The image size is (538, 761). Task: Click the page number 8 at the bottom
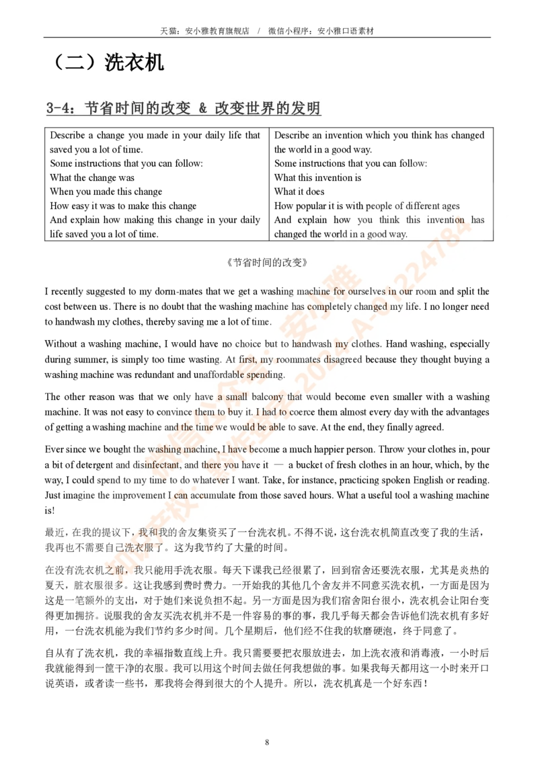click(267, 742)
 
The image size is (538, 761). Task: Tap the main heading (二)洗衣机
click(107, 62)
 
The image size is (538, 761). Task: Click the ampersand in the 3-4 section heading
click(203, 108)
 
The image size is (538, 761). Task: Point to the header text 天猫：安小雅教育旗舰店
click(204, 30)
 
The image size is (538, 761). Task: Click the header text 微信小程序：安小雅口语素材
click(321, 30)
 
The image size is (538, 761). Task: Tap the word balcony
click(267, 397)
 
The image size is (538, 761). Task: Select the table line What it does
click(299, 192)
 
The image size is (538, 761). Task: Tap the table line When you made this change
click(106, 192)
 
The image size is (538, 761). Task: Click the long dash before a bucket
click(278, 465)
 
